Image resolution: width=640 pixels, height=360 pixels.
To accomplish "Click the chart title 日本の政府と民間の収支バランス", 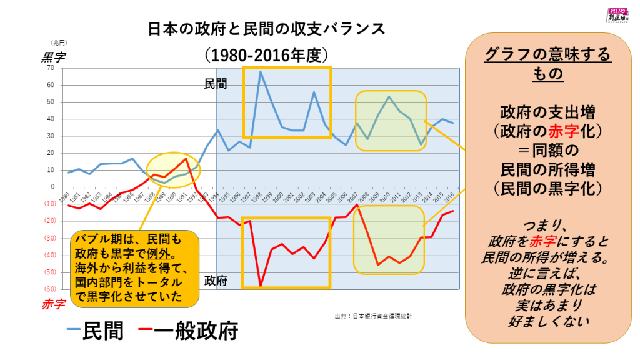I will click(x=262, y=29).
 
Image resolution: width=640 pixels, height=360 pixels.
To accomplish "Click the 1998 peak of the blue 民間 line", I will click(x=261, y=71).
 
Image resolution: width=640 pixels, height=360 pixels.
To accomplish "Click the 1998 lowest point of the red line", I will click(x=261, y=286).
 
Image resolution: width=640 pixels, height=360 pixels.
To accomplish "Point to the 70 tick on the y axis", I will click(x=50, y=67).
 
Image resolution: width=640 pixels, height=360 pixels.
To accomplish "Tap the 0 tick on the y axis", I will click(x=52, y=187).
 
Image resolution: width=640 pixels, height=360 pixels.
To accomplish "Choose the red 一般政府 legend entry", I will click(x=187, y=329).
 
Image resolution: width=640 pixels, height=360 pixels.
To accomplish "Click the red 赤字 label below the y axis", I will click(x=53, y=305).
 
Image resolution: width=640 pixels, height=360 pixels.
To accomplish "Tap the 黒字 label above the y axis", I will click(x=53, y=56).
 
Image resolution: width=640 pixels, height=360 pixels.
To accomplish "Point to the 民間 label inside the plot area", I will click(x=216, y=83).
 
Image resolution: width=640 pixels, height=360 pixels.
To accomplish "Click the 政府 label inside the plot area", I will click(x=216, y=280).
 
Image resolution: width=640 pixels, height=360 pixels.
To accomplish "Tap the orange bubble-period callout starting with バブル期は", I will click(x=135, y=267).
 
